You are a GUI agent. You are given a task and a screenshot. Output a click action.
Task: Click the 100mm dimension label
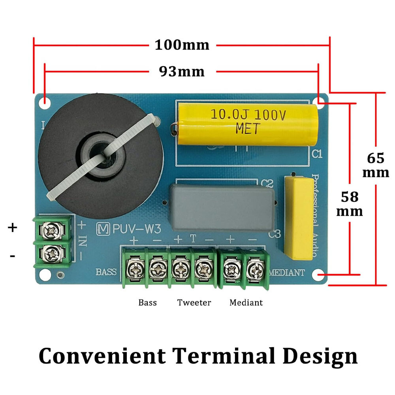point(182,45)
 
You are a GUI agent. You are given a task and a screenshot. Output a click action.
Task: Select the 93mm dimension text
point(182,71)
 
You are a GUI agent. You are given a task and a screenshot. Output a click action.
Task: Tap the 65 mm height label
point(376,165)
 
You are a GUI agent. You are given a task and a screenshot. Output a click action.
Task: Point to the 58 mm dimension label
point(350,204)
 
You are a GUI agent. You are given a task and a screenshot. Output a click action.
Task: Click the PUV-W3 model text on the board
point(137,229)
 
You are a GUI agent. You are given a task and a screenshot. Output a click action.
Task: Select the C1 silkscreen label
point(317,154)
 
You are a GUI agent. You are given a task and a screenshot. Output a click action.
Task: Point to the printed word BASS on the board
point(106,272)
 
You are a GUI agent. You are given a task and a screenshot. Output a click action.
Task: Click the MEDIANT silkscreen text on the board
point(287,273)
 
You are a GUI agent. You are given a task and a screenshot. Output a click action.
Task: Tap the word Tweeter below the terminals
point(194,302)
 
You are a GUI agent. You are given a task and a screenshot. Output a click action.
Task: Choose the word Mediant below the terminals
point(246,302)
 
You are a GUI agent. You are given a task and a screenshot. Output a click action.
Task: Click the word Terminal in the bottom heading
point(224,356)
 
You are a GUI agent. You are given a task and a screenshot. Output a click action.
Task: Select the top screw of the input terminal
point(52,230)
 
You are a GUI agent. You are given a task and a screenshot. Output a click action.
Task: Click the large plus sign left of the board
point(12,228)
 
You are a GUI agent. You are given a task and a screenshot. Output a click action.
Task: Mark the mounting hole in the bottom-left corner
point(45,275)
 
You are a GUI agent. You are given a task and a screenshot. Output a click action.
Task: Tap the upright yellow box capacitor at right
point(299,218)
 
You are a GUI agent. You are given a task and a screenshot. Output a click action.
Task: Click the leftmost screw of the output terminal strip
point(135,269)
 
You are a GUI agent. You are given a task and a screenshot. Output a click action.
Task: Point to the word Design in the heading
point(320,356)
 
